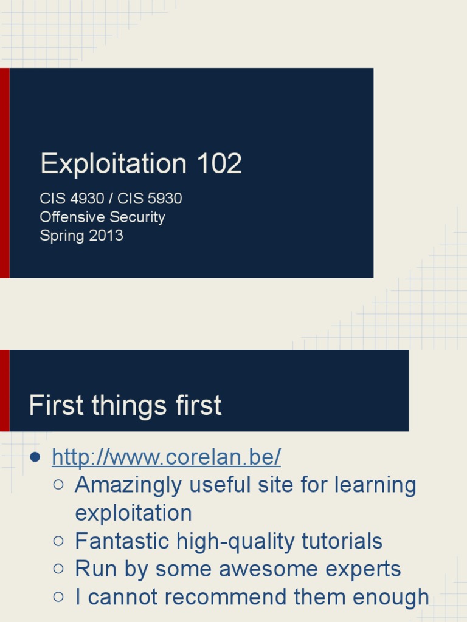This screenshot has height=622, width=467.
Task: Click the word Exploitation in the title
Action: (113, 165)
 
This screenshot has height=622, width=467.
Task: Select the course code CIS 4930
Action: (72, 199)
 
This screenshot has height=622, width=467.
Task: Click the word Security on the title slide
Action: (138, 217)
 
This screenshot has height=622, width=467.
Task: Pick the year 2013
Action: (106, 236)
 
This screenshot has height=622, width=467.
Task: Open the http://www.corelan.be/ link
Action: (166, 457)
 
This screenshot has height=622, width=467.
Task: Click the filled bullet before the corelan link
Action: (35, 457)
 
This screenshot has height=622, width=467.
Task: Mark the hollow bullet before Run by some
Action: (58, 569)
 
